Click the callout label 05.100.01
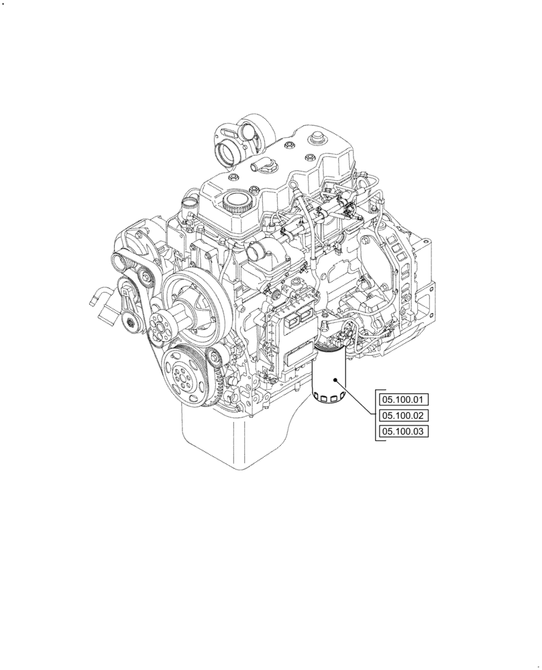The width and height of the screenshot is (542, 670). [403, 400]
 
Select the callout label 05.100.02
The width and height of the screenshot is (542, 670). [403, 416]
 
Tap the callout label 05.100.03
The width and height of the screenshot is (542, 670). [403, 432]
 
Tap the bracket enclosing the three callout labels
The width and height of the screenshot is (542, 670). [377, 415]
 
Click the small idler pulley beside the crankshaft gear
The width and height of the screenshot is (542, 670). [214, 358]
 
